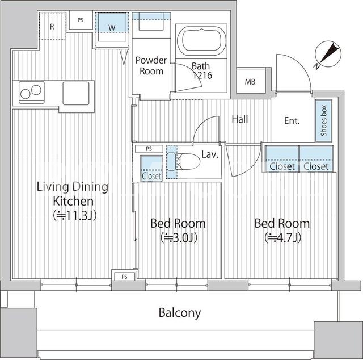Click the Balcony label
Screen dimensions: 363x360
tap(180, 313)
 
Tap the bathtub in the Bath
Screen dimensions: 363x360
tap(201, 41)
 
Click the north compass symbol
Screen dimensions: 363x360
tap(328, 55)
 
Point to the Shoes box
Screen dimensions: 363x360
tap(324, 120)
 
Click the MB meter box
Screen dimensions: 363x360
tap(251, 81)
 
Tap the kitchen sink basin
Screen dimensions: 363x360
tap(76, 93)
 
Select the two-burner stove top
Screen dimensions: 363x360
tap(32, 92)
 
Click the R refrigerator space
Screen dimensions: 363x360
tap(52, 26)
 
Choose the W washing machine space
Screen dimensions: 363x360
tap(112, 27)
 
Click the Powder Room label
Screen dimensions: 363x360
tap(151, 66)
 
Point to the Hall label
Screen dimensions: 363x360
tap(240, 119)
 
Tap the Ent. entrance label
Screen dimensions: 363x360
tap(292, 120)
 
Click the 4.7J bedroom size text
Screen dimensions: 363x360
tap(283, 237)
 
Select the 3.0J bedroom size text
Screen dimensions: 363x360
tap(179, 237)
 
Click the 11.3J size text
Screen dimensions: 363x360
tap(74, 216)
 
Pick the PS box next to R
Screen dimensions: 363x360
tap(81, 20)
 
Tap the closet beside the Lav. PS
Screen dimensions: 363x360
tap(151, 168)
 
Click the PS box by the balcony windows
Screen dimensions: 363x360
tap(124, 277)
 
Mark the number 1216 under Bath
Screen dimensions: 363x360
tap(202, 75)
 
